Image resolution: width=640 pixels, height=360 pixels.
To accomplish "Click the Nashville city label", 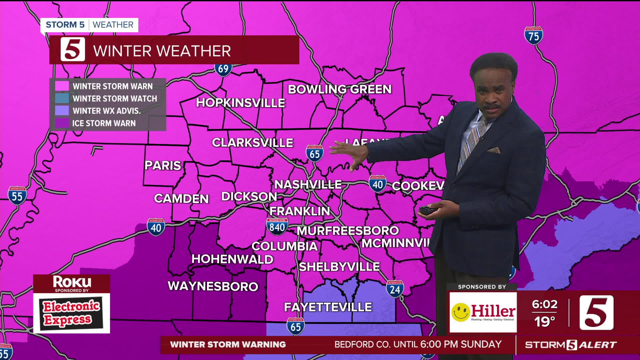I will pyautogui.click(x=308, y=184).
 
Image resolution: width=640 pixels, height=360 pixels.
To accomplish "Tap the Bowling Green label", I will pyautogui.click(x=340, y=89).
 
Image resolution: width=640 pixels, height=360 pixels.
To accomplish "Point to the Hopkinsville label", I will pyautogui.click(x=240, y=103).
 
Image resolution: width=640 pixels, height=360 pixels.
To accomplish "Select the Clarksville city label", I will pyautogui.click(x=252, y=143).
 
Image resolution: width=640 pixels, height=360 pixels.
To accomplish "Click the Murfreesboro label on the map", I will pyautogui.click(x=348, y=231).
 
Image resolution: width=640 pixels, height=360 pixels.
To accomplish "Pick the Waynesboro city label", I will pyautogui.click(x=213, y=286).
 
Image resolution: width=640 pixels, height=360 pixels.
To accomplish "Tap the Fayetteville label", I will pyautogui.click(x=328, y=307).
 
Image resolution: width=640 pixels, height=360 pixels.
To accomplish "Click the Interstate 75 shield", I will pyautogui.click(x=533, y=36).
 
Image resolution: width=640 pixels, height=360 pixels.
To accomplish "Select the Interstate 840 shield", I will pyautogui.click(x=277, y=226).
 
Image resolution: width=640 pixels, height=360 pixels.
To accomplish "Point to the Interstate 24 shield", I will pyautogui.click(x=395, y=289).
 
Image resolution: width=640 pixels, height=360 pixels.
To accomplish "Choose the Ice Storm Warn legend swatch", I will pyautogui.click(x=62, y=123).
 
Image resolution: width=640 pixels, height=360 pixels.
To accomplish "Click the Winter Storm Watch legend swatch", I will pyautogui.click(x=62, y=99).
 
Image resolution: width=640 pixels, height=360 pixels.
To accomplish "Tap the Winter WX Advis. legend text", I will pyautogui.click(x=106, y=111).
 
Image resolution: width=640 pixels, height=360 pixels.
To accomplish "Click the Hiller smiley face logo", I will pyautogui.click(x=461, y=312).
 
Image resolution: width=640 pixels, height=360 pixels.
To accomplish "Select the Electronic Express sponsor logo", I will pyautogui.click(x=71, y=313).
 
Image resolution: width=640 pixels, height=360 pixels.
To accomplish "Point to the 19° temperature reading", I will pyautogui.click(x=544, y=322).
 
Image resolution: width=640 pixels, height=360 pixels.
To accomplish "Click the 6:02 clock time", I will pyautogui.click(x=544, y=304).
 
